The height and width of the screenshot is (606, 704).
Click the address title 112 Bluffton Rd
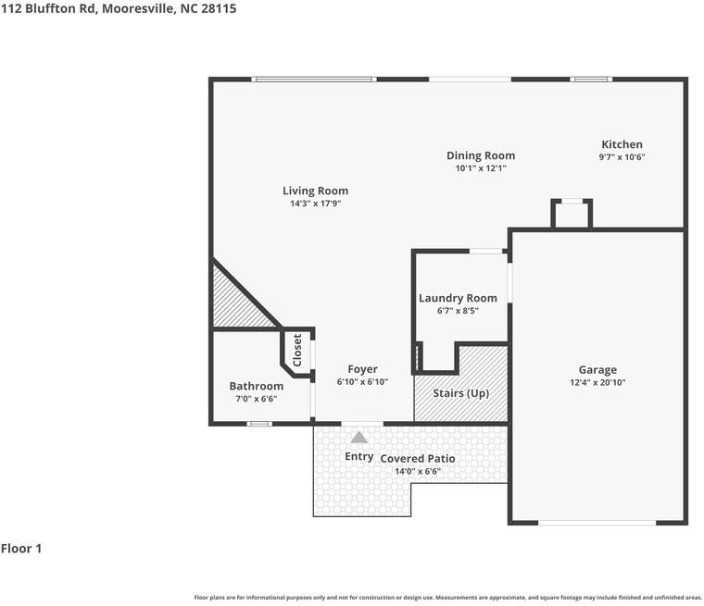(x=118, y=8)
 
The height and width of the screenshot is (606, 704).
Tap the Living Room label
(x=315, y=191)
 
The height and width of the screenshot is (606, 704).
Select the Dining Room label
(x=480, y=155)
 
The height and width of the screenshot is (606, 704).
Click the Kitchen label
(x=622, y=144)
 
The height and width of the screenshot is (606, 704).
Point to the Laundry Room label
(x=458, y=298)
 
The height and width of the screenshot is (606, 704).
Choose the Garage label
(x=597, y=370)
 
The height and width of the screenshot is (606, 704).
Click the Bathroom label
(x=256, y=386)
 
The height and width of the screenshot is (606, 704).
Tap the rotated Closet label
(x=297, y=351)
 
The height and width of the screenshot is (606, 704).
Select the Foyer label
(x=362, y=369)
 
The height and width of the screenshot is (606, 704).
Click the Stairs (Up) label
(x=461, y=393)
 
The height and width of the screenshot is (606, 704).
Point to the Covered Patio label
(x=418, y=459)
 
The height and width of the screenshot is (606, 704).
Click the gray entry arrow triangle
(x=358, y=438)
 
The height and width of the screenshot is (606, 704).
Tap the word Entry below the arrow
(x=359, y=456)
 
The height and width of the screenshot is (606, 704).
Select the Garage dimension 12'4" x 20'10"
(x=597, y=383)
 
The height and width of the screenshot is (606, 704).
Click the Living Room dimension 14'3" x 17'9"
(x=315, y=204)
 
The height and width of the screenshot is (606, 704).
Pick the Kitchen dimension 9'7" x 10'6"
(x=622, y=157)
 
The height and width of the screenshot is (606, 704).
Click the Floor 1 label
(x=21, y=549)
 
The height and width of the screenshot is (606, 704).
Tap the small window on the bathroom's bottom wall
(x=258, y=424)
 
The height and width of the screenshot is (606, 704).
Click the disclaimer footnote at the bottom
(x=447, y=598)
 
